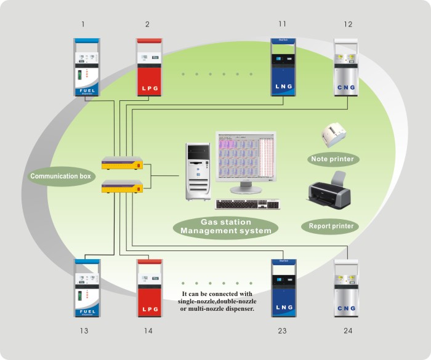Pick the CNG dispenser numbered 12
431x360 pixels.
coord(347,68)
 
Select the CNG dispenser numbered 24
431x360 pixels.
coord(347,288)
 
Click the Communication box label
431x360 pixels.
coord(61,177)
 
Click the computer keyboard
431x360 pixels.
coord(249,204)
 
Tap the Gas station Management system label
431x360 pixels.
coord(226,226)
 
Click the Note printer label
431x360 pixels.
coord(332,159)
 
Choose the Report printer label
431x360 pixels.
coord(331,226)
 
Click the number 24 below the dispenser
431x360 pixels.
coord(348,331)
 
